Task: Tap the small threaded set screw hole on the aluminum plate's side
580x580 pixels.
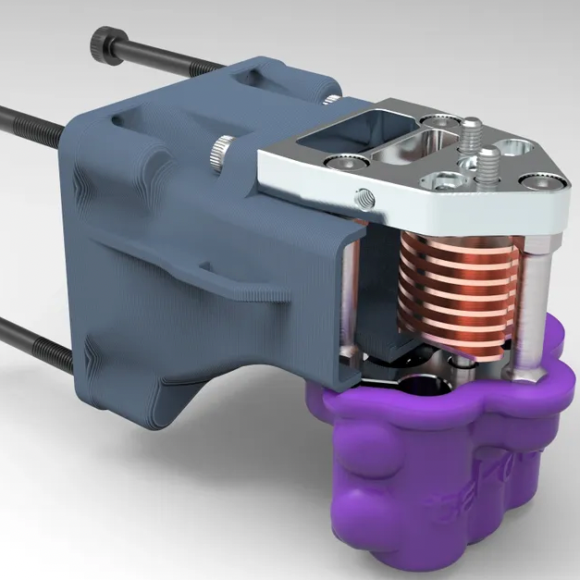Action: click(x=361, y=195)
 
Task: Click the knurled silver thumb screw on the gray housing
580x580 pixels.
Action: click(x=221, y=147)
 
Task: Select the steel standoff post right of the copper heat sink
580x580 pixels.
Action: click(x=536, y=305)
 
